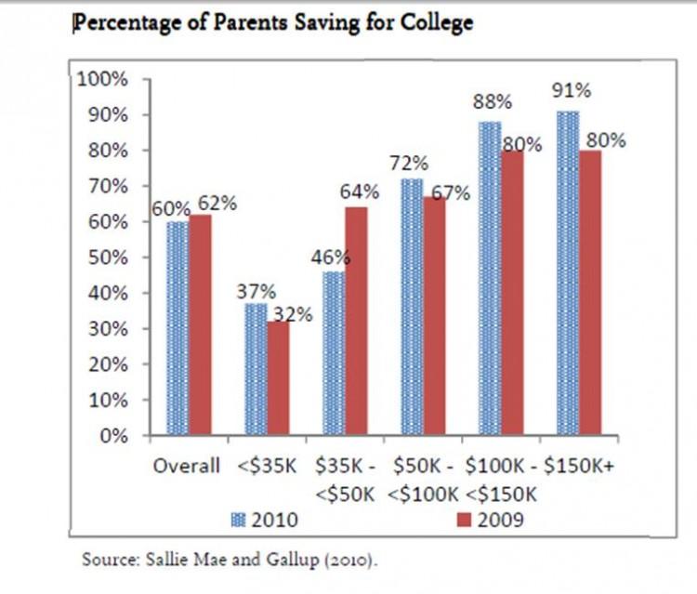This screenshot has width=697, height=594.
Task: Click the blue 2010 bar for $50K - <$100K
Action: click(412, 307)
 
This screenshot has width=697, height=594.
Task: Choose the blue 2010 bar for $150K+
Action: click(568, 273)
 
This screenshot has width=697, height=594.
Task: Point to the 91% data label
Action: click(568, 92)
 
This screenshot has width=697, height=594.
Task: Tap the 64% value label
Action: click(359, 192)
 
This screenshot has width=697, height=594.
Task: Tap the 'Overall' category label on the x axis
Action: click(186, 466)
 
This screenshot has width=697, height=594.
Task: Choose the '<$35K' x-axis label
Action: click(266, 466)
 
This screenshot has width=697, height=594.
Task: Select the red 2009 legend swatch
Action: click(469, 520)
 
